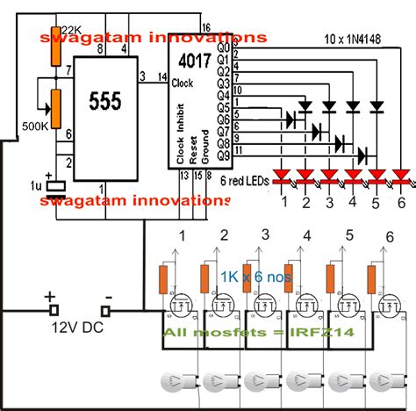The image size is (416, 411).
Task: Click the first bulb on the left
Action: point(176,384)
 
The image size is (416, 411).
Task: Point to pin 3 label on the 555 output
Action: point(142,78)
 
